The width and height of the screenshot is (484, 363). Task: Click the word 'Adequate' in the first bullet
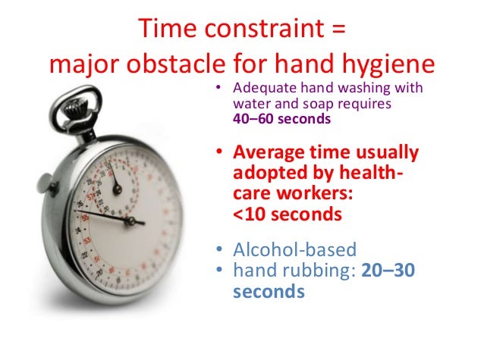(261, 88)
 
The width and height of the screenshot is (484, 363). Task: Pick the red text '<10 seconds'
(285, 214)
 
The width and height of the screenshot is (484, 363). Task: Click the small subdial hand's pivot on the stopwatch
(117, 186)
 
